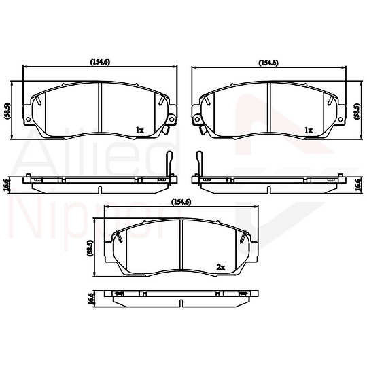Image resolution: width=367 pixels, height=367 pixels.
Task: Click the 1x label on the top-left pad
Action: pos(139,129)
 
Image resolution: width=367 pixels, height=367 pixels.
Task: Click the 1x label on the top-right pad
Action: pos(308,129)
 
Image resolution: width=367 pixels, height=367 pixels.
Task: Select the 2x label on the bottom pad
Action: pos(220,267)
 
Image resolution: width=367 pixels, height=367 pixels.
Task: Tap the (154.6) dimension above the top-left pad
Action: pos(101,63)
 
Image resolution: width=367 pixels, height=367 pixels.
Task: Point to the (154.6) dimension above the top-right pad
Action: pos(268,63)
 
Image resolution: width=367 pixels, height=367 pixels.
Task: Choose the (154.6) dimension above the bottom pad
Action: pos(181,202)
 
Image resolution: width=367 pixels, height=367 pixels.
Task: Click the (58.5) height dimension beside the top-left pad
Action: pos(7,110)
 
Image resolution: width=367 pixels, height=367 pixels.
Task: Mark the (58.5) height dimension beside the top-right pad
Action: pos(358,110)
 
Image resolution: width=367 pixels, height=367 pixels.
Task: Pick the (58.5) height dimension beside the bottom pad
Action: pos(90,248)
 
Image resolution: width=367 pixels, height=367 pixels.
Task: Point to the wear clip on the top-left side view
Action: pos(168,163)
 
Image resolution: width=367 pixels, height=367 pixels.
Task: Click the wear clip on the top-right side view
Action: pos(200,163)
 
